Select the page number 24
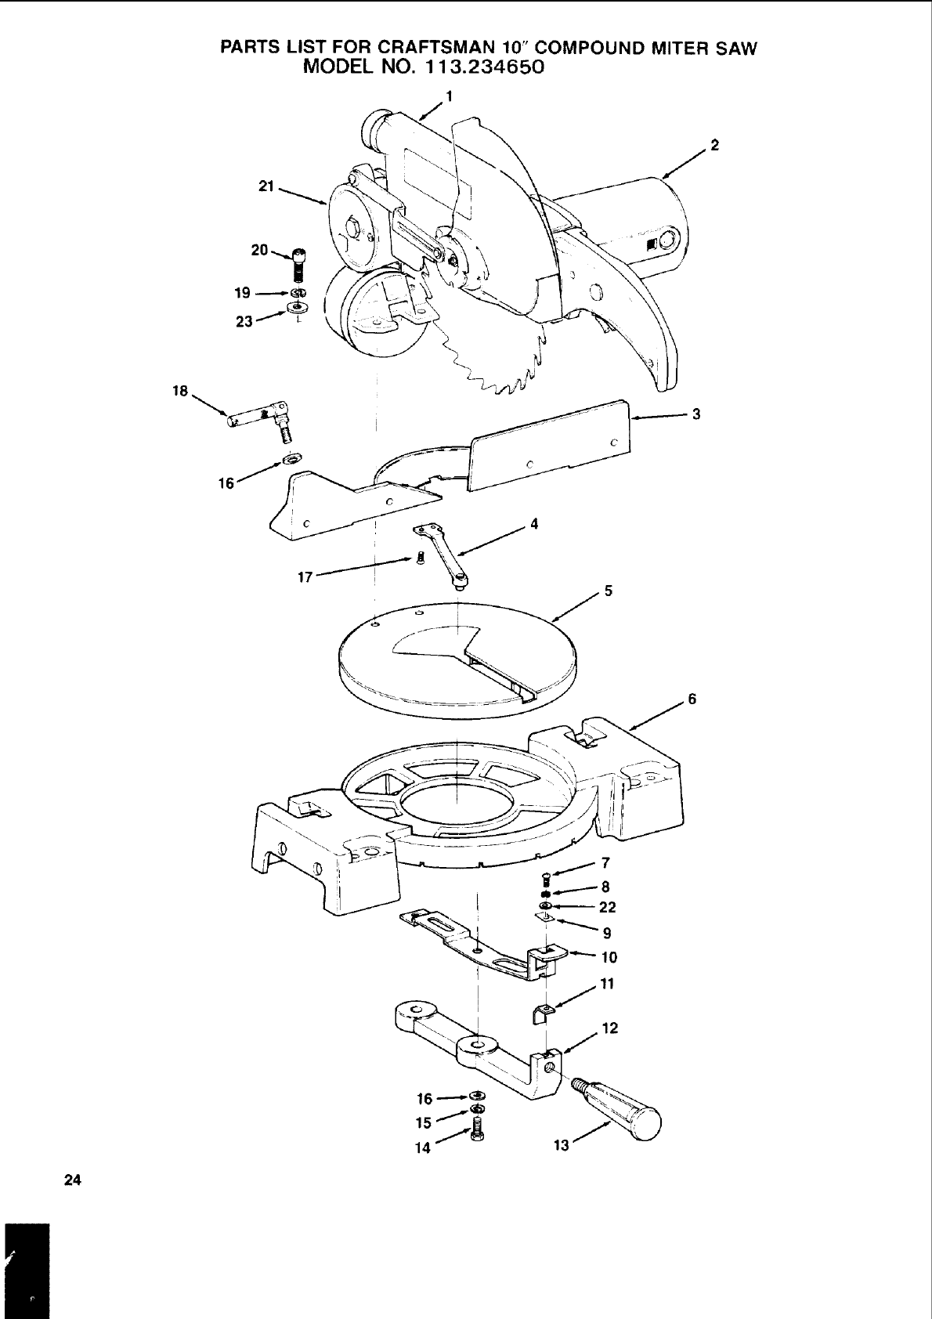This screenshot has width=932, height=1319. (x=72, y=1180)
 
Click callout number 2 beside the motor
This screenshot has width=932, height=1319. (x=714, y=145)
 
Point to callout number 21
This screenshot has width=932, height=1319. (x=266, y=186)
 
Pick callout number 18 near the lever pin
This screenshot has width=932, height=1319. (x=180, y=390)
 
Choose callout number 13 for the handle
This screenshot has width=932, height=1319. (x=561, y=1145)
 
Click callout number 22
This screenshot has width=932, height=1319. (x=607, y=907)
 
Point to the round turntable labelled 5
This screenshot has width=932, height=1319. (x=454, y=650)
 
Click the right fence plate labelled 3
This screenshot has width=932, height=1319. (x=548, y=446)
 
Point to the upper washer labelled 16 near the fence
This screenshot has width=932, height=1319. (x=292, y=457)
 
